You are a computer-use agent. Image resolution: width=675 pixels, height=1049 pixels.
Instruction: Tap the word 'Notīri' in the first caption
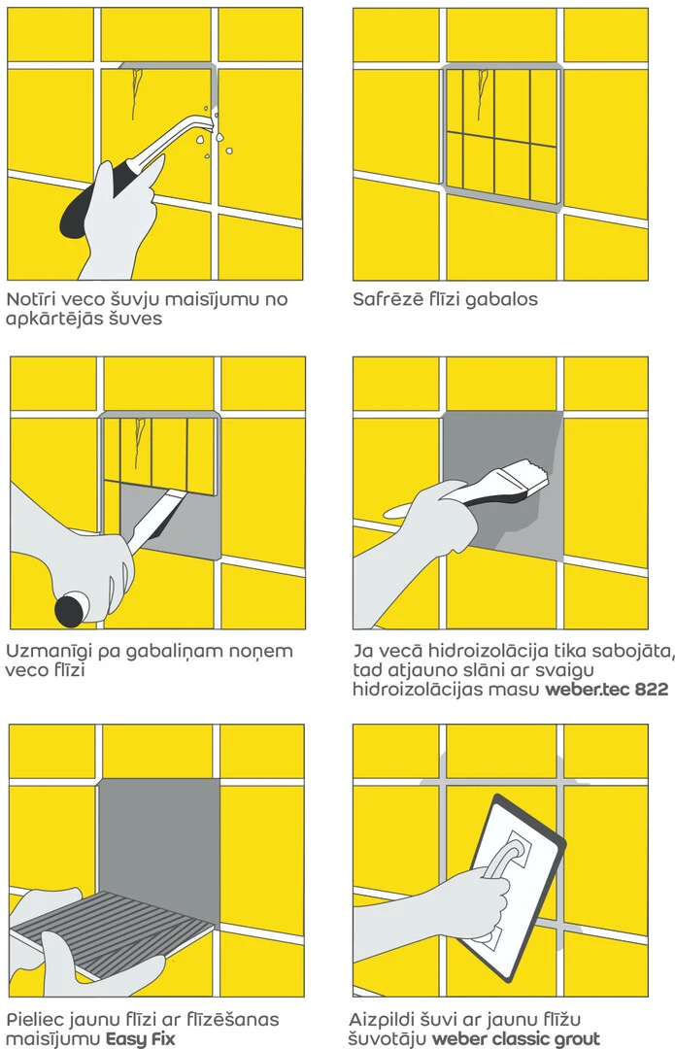[x=36, y=298]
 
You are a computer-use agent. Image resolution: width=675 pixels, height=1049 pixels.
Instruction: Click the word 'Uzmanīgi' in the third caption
[x=47, y=651]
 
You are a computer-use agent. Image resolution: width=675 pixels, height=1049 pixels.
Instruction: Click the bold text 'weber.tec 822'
[x=607, y=689]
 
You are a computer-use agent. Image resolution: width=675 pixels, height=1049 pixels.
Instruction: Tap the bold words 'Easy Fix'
[x=141, y=1039]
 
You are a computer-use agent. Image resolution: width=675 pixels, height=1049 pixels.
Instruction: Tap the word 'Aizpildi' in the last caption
[x=381, y=1020]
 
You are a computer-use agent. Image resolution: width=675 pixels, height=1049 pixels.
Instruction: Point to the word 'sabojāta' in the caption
[x=632, y=651]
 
